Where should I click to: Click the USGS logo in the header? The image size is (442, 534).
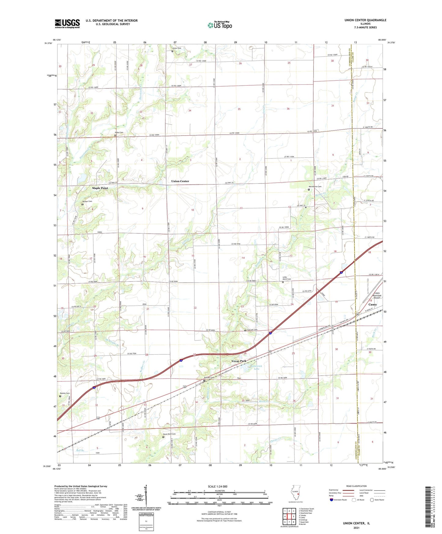point(67,23)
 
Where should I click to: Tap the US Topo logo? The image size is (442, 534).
point(220,25)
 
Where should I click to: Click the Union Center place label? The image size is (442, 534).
point(180,181)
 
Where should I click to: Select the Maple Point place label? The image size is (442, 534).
point(100,188)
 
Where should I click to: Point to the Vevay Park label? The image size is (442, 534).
point(239,361)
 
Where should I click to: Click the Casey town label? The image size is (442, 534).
point(372,305)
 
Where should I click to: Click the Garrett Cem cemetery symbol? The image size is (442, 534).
point(245,330)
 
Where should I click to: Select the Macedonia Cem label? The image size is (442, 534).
point(315,187)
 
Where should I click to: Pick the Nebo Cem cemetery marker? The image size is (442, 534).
point(115,135)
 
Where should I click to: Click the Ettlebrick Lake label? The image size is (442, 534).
point(256,367)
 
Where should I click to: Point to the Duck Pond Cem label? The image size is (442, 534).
point(169,434)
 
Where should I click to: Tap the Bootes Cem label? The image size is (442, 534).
point(65,393)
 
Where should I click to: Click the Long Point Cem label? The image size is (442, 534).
point(287,278)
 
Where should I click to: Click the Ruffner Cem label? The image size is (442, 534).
point(210,378)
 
